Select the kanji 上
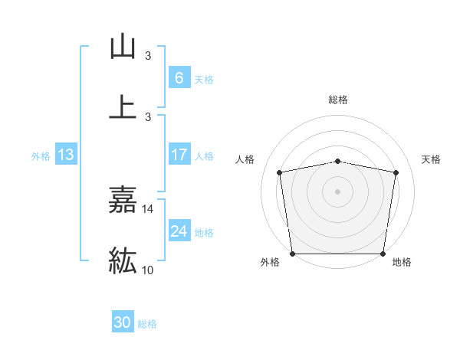(x=123, y=106)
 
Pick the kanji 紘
(x=123, y=260)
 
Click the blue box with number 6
(x=179, y=77)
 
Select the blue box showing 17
(x=179, y=155)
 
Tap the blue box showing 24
(x=179, y=231)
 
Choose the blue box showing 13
(x=65, y=155)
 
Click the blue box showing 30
(x=123, y=322)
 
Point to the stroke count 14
(x=148, y=208)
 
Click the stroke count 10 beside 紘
(x=148, y=270)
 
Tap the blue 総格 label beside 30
(x=147, y=324)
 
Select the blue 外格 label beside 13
(x=41, y=156)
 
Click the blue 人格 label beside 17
(x=204, y=156)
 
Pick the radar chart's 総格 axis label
(x=338, y=100)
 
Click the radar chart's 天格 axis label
(x=432, y=159)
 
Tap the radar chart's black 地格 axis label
(x=402, y=262)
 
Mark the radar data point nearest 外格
(x=292, y=254)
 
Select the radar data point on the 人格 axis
(x=280, y=172)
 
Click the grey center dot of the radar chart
(x=338, y=191)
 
